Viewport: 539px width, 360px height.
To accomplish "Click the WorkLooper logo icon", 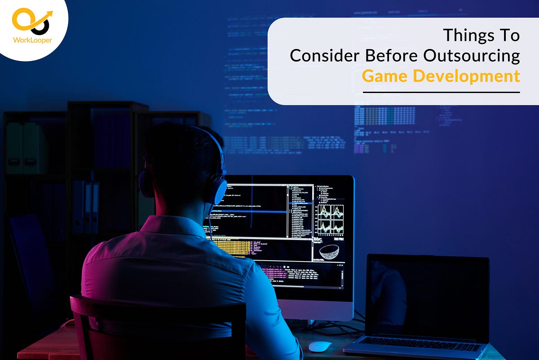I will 31,22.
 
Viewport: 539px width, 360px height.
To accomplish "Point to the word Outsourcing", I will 471,56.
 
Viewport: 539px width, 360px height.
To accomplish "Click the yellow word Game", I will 384,76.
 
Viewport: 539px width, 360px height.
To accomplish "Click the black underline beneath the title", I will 441,92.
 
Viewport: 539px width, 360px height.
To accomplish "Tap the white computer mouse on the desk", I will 320,346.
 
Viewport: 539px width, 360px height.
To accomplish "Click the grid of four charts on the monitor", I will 331,219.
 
